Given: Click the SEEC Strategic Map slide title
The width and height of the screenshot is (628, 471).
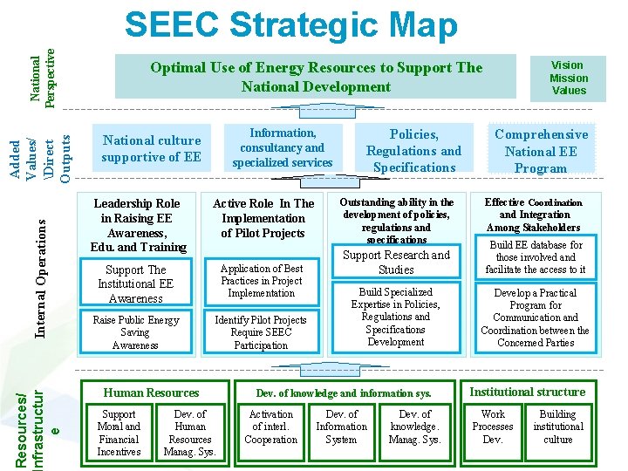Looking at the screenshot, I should [290, 25].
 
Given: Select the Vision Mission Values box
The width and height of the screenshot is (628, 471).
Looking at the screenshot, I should [568, 78].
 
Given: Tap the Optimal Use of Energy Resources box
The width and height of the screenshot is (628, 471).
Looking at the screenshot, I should [316, 77].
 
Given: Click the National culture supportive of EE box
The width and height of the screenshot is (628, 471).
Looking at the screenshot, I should [152, 148].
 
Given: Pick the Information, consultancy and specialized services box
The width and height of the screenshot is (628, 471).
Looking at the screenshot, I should [283, 147].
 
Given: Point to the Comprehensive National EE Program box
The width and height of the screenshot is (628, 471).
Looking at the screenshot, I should [541, 150].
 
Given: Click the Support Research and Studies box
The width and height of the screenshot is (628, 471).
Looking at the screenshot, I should [396, 263].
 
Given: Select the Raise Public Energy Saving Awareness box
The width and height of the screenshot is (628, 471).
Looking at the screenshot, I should [135, 332].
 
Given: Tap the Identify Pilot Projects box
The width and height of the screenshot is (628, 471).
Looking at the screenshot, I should [261, 332].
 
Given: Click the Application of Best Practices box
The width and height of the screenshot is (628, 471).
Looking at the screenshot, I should [262, 281].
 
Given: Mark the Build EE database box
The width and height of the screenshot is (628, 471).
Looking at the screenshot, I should [536, 257].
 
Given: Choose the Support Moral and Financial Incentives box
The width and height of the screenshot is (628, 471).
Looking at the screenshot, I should [119, 433].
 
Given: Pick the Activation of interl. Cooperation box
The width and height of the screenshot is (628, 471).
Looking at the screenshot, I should [271, 427].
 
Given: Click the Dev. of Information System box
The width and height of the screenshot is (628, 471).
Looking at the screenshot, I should [341, 427].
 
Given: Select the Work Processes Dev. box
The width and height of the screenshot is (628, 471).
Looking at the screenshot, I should [493, 427].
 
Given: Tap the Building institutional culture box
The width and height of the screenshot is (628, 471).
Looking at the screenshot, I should [558, 427].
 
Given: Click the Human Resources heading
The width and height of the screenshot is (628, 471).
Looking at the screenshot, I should [152, 393].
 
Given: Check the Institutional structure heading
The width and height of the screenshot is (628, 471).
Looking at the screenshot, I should [527, 392].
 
